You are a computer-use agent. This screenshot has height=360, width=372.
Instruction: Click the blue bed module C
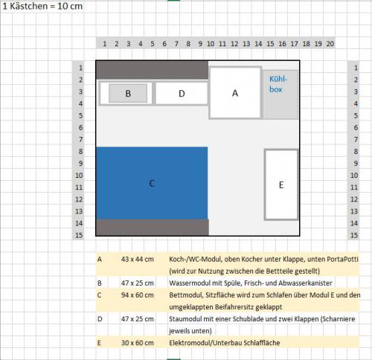[152, 182]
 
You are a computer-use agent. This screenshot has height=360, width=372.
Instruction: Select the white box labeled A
[235, 93]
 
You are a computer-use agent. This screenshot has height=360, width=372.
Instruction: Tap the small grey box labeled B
[128, 94]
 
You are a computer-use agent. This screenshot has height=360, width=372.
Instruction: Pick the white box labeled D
[182, 94]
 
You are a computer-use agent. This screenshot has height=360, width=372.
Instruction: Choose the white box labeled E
[281, 184]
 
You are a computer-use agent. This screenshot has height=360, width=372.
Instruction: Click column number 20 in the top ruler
[330, 44]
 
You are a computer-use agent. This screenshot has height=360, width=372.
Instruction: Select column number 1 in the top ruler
[104, 44]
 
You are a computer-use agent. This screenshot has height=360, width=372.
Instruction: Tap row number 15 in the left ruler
[80, 235]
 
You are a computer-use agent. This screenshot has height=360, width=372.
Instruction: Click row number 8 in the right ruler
[353, 152]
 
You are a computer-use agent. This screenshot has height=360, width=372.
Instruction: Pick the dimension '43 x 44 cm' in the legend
[137, 260]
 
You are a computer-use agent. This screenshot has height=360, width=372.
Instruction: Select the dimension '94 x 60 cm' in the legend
[137, 295]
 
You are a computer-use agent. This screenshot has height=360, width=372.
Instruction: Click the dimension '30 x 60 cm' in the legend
[137, 342]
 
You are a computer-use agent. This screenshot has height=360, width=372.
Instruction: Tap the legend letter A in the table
[100, 260]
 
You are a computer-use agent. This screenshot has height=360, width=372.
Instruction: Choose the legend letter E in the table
[100, 342]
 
